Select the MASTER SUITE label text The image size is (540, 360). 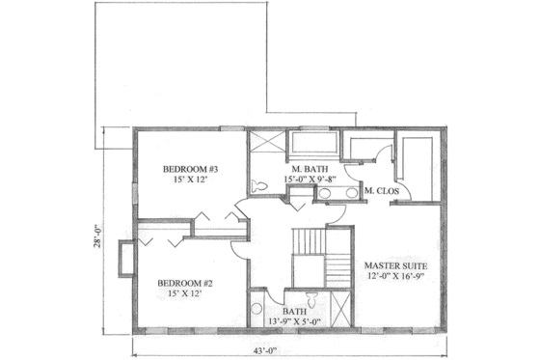(395, 264)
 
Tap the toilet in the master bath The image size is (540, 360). (258, 186)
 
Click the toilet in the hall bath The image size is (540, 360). (309, 295)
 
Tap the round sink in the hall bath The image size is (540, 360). (256, 309)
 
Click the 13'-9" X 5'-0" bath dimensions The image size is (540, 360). (296, 319)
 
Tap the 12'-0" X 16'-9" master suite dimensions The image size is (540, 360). (395, 277)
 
